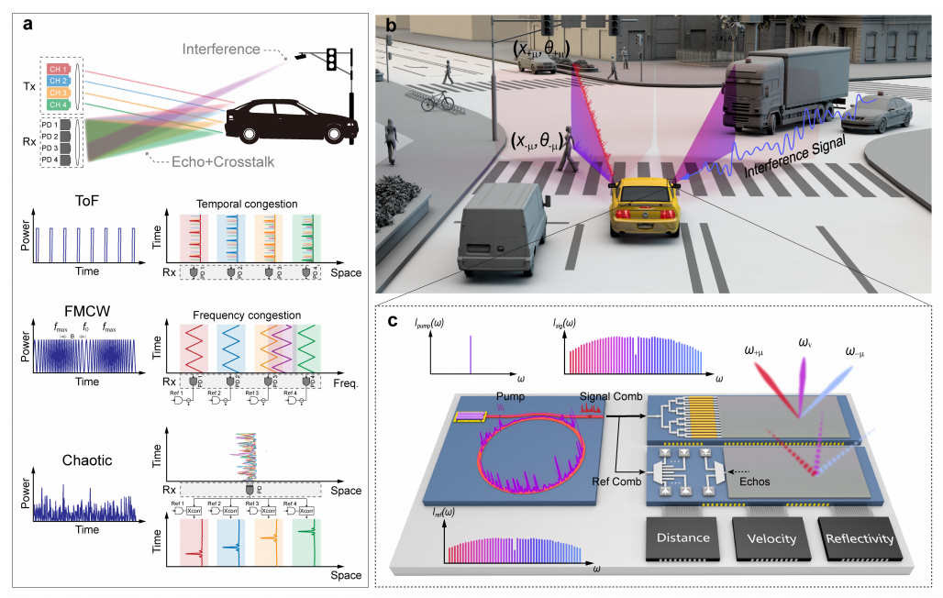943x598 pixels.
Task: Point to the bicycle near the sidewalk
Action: click(439, 100)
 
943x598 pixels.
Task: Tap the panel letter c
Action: click(393, 322)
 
